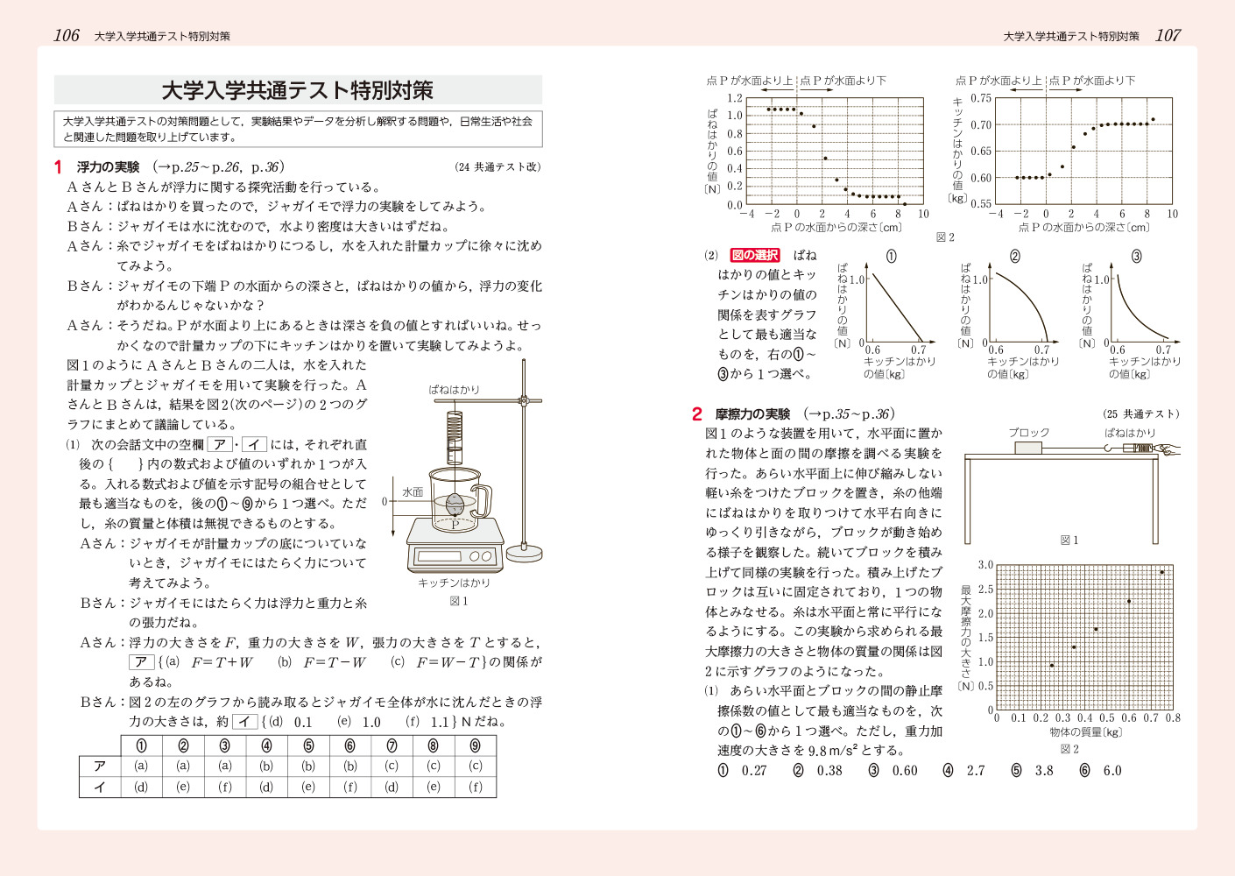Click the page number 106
click(67, 35)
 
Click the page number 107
click(1168, 35)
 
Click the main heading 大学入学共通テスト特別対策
click(298, 90)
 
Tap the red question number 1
click(58, 167)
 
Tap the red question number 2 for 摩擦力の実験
click(696, 414)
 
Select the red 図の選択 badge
click(754, 255)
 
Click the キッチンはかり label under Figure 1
click(454, 583)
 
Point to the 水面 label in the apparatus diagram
click(413, 492)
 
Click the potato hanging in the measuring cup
click(455, 505)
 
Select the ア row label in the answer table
click(100, 766)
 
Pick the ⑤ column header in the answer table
click(308, 745)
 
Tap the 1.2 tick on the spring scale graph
click(734, 98)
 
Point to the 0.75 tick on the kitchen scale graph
click(981, 98)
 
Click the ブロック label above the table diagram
click(1028, 433)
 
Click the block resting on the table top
click(1028, 449)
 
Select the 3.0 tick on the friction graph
click(985, 565)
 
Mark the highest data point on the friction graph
click(1162, 573)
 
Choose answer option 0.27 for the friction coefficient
click(753, 771)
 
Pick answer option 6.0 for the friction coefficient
click(1111, 771)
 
